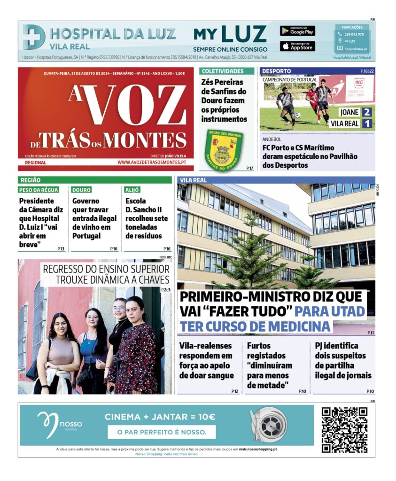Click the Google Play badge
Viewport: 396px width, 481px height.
click(297, 31)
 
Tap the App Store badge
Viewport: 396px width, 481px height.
click(297, 46)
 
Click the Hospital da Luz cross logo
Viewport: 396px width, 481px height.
click(34, 37)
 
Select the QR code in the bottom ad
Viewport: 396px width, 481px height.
click(344, 430)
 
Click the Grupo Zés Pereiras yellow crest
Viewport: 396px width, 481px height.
click(224, 149)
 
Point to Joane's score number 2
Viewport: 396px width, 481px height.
click(367, 112)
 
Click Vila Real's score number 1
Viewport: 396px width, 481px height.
click(367, 124)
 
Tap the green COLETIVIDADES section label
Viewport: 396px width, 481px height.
click(223, 71)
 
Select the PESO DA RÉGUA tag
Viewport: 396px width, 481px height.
click(39, 190)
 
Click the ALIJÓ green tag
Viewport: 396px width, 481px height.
click(132, 190)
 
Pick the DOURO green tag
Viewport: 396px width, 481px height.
click(81, 190)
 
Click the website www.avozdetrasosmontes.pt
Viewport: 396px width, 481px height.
click(152, 163)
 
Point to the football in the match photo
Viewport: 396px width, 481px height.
click(297, 115)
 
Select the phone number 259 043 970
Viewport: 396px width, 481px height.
click(354, 34)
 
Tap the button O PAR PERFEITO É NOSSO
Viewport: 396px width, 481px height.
click(162, 432)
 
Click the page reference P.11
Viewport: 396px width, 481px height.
click(371, 333)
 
